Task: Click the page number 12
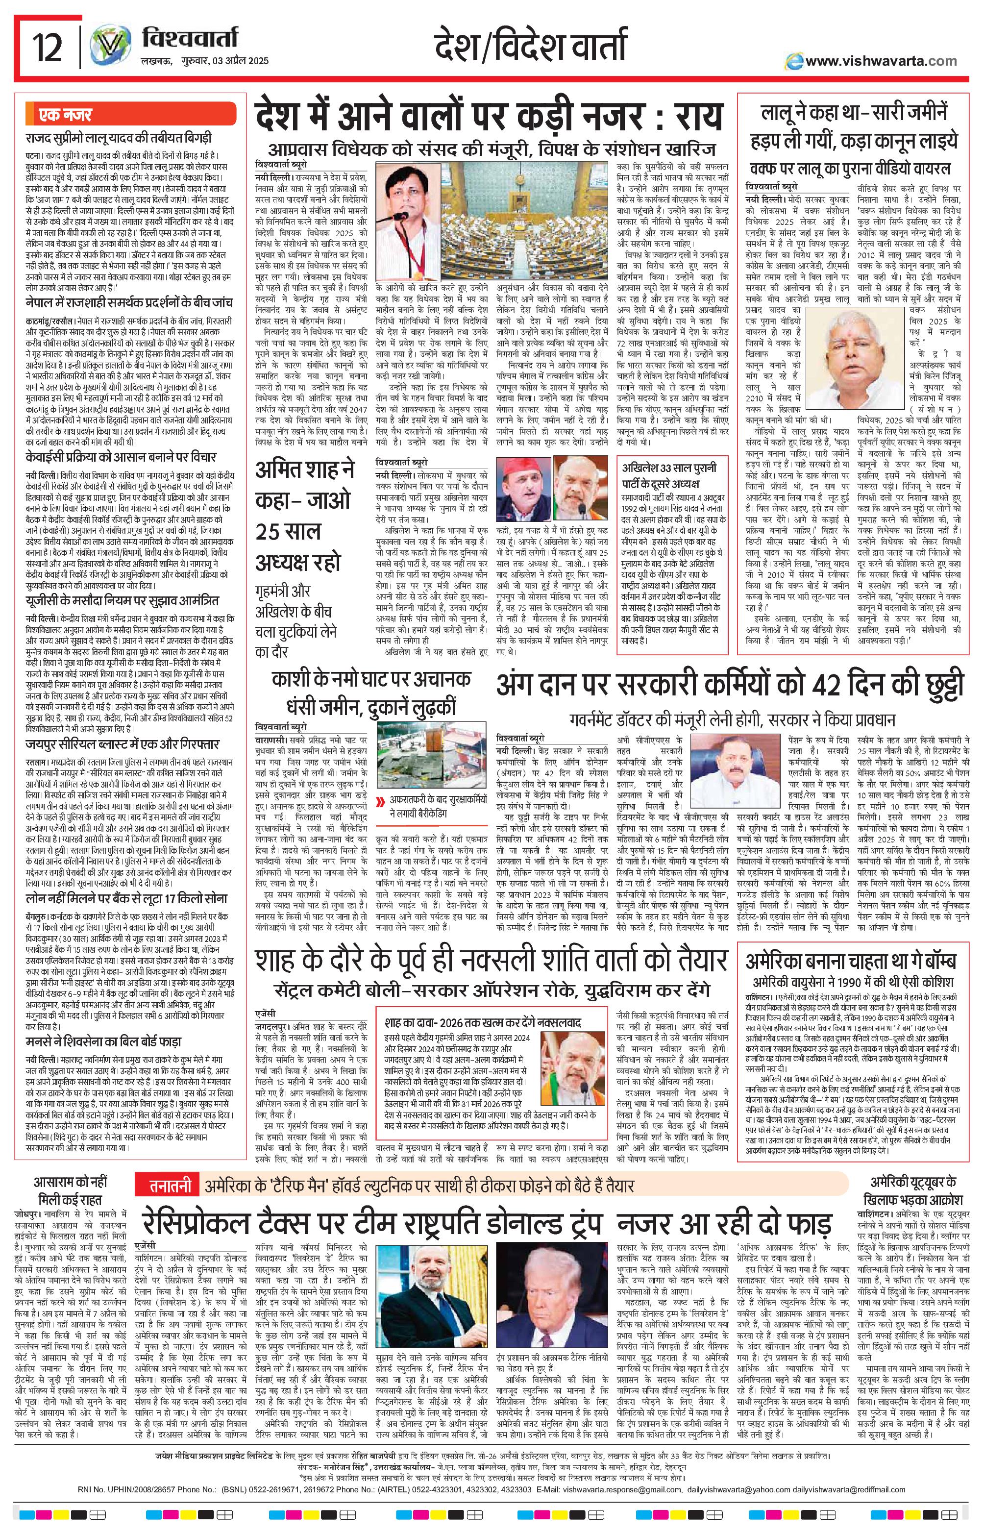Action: tap(49, 49)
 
